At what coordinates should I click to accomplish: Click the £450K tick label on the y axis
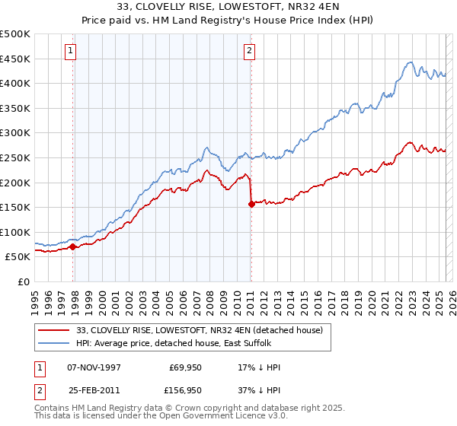15,59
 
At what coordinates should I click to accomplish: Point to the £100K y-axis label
15,232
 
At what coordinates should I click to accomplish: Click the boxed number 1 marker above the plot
70,51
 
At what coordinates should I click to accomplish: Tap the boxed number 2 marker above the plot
249,51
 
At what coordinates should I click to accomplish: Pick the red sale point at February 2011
251,204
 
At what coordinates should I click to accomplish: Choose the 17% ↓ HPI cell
259,367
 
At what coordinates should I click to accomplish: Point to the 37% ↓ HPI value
259,390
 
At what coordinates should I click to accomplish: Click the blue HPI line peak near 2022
410,62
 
